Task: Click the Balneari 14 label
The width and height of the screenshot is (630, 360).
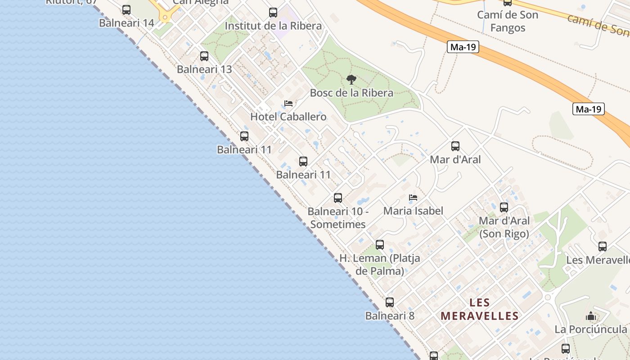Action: tap(126, 23)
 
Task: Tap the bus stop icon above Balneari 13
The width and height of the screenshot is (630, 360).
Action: tap(204, 56)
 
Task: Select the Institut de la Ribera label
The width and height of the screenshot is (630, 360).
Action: tap(273, 26)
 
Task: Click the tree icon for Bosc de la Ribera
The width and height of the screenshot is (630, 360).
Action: tap(351, 80)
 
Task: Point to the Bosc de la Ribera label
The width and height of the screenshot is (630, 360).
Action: tap(351, 93)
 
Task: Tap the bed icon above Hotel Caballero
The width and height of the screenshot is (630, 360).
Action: tap(288, 103)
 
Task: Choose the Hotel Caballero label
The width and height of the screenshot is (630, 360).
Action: tap(288, 117)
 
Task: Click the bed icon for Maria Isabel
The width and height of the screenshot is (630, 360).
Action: tap(413, 198)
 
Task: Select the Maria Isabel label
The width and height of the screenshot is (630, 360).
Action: tap(413, 211)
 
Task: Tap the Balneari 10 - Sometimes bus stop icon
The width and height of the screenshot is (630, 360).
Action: tap(338, 198)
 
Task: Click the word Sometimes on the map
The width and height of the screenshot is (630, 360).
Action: tap(338, 224)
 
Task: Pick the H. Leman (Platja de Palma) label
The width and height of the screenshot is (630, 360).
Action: tap(380, 265)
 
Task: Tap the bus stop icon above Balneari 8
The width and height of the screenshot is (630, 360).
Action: tap(390, 302)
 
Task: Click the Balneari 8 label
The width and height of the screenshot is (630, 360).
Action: tap(390, 316)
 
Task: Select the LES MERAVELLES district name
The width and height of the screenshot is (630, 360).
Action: tap(480, 309)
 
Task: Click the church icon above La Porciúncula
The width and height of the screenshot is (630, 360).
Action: tap(591, 316)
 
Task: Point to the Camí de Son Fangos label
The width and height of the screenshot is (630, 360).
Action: tap(508, 21)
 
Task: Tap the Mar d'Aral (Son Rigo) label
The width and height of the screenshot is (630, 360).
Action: tap(504, 227)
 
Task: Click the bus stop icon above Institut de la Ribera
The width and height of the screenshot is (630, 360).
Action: tap(273, 13)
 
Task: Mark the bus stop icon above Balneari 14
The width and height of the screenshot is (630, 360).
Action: tap(126, 10)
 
